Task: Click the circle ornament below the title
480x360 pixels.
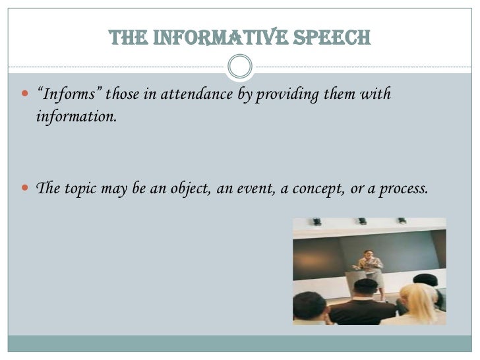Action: click(x=239, y=66)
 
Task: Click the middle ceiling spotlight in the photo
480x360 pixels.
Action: click(x=362, y=222)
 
